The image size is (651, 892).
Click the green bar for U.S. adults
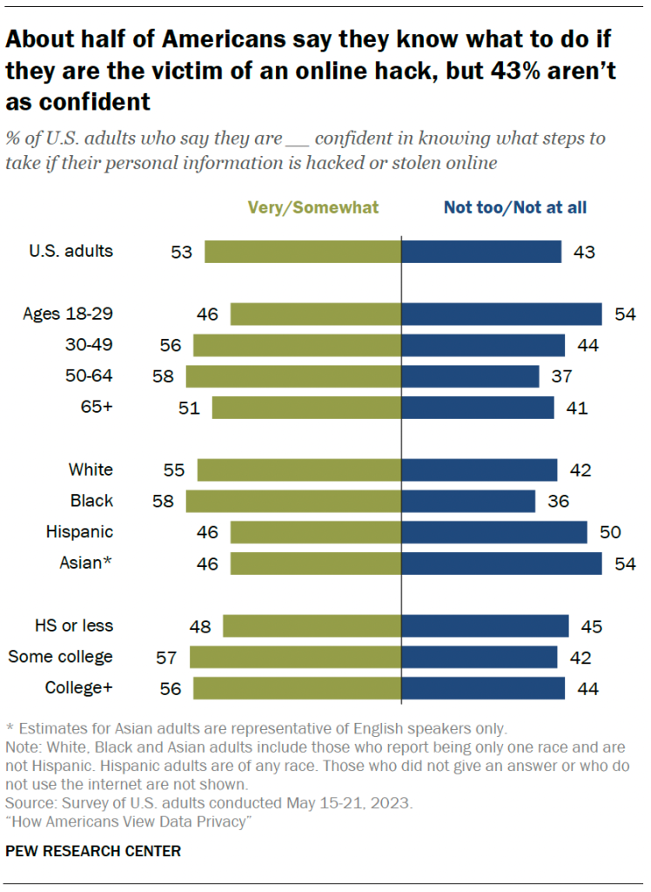tap(302, 252)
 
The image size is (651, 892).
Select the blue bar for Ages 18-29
tap(501, 314)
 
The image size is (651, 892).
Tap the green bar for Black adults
tap(293, 501)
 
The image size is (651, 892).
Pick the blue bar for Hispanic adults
tap(494, 532)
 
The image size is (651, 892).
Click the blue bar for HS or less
tap(485, 625)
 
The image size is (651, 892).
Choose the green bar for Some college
tap(295, 657)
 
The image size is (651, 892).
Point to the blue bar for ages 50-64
tap(470, 376)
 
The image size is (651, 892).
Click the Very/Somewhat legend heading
tap(313, 207)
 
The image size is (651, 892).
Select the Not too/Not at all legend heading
tap(515, 207)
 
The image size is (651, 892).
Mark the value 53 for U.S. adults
tap(181, 252)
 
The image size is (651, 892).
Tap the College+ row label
tap(79, 687)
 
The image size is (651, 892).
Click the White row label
tap(91, 470)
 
